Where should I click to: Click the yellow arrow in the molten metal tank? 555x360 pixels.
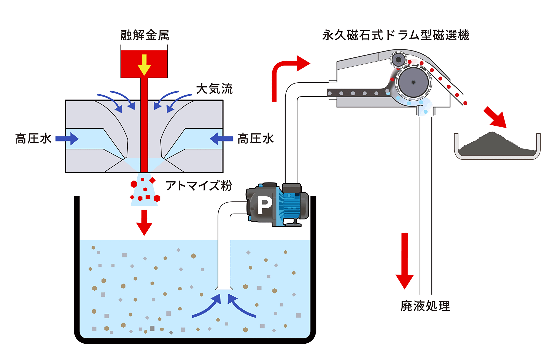144,65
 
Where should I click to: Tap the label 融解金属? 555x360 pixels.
145,35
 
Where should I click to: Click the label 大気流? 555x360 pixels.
214,89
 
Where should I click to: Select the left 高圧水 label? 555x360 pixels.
33,138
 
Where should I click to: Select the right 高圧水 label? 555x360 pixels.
256,138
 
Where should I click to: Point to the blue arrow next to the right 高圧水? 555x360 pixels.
221,139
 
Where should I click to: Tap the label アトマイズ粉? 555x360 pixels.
199,186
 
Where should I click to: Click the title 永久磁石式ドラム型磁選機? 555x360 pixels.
396,35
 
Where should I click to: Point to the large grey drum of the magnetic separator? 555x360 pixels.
413,82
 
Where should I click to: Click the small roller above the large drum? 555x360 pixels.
398,60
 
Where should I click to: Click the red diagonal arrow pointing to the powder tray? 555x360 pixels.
496,118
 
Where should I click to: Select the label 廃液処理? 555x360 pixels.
425,306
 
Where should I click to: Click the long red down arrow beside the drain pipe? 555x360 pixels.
405,261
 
